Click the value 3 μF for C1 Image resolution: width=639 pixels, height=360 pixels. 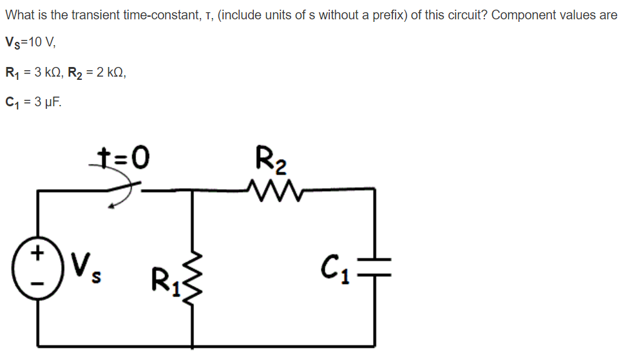click(45, 101)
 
